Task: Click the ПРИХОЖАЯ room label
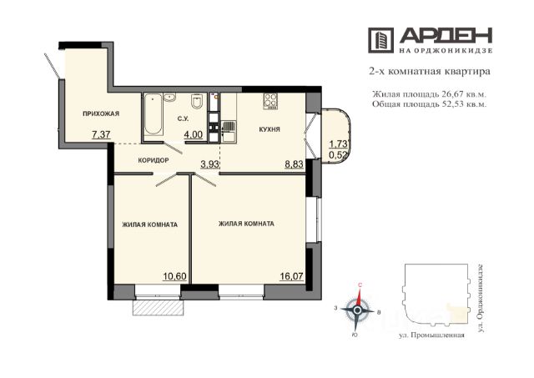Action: point(101,113)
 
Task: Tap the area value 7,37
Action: point(101,135)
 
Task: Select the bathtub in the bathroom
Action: point(153,116)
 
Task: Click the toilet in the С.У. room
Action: point(197,101)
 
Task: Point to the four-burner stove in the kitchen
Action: point(270,101)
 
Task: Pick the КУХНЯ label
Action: point(270,129)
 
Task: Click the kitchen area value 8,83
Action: point(294,165)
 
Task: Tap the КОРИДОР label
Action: point(154,160)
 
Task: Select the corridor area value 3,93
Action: point(209,165)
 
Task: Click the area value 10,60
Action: point(175,276)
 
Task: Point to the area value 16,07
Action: point(291,276)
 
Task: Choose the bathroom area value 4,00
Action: point(194,135)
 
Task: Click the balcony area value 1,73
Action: point(338,144)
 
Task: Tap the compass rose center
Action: point(357,310)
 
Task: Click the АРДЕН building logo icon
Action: point(380,40)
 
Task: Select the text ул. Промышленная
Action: point(431,335)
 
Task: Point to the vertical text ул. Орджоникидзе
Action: point(481,296)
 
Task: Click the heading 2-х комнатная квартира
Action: point(430,72)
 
